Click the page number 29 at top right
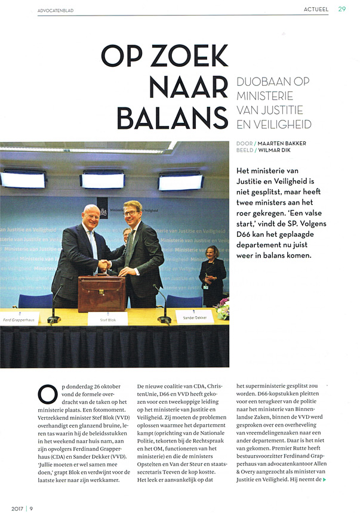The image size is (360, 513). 341,8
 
